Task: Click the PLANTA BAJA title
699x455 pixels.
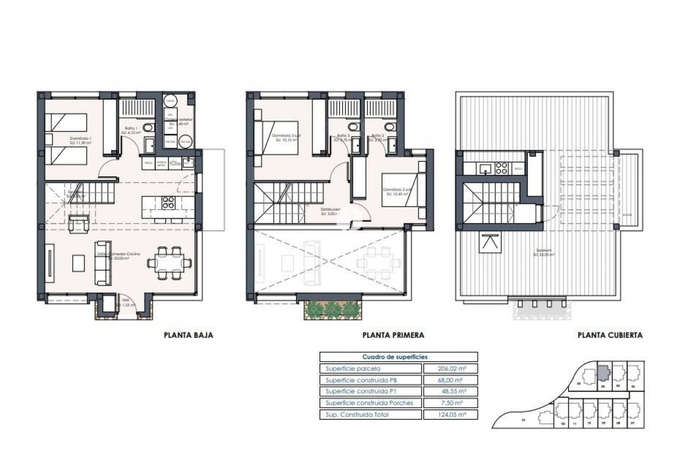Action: (188, 335)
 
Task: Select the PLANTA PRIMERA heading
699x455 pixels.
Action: (393, 335)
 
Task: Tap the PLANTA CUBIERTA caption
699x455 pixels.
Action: (610, 335)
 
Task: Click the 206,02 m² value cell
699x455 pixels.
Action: (451, 369)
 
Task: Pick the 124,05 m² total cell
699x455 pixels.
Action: (451, 414)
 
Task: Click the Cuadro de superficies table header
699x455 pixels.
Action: (398, 357)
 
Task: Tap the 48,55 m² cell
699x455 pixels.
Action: (451, 391)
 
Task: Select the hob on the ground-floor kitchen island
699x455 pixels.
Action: (168, 202)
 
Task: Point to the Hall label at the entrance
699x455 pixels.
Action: (125, 300)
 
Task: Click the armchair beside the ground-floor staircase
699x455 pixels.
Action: (78, 223)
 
